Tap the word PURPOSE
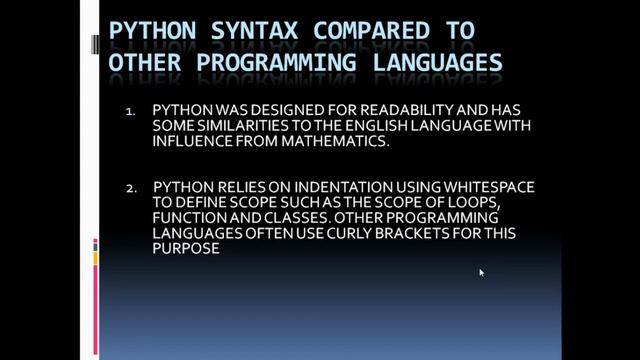[x=186, y=249]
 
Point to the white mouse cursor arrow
[x=481, y=272]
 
